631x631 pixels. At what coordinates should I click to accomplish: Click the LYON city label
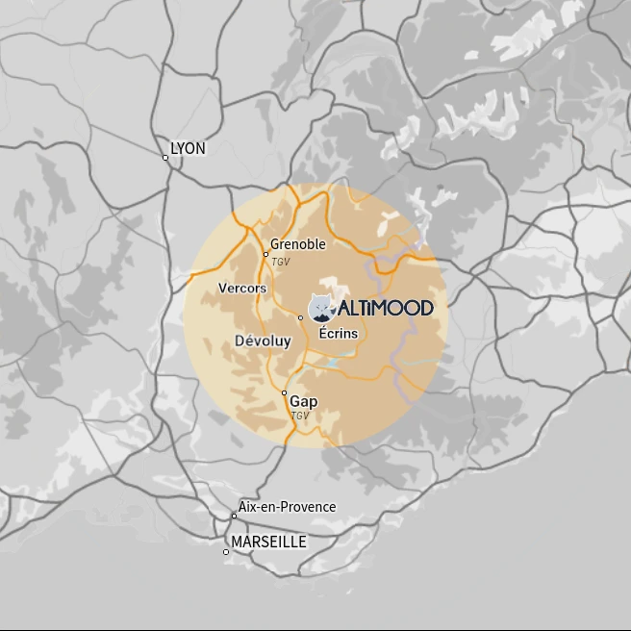[188, 149]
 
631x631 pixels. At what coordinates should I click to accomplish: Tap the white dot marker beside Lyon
[165, 158]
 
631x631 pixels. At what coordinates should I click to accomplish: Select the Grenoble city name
[298, 244]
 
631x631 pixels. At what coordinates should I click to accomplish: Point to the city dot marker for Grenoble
[266, 255]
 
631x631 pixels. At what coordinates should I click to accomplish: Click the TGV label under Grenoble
[280, 262]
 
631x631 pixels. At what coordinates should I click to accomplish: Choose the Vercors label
[242, 288]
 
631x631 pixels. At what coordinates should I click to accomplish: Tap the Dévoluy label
[263, 341]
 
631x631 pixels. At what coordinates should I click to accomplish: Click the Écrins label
[339, 333]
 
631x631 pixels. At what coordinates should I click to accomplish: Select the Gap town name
[304, 401]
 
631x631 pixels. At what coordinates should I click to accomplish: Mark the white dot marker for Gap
[284, 392]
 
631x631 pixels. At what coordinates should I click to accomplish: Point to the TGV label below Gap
[300, 416]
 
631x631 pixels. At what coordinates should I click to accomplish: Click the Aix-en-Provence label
[288, 507]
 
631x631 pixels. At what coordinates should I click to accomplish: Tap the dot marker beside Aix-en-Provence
[234, 516]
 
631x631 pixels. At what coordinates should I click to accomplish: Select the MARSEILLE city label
[269, 543]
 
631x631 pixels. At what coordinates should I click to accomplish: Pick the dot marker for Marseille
[226, 552]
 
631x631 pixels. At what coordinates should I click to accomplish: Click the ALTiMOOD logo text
[385, 308]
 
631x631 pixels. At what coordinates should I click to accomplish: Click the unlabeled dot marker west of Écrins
[301, 317]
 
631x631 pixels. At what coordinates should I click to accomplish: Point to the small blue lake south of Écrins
[332, 363]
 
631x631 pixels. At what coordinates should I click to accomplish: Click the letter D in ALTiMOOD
[424, 308]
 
